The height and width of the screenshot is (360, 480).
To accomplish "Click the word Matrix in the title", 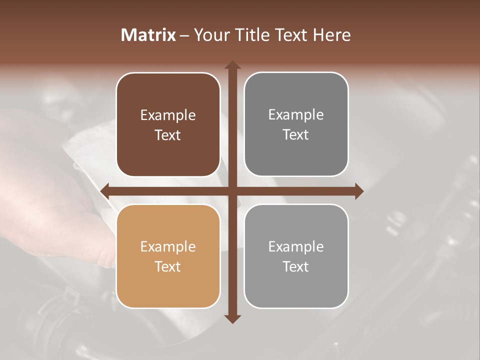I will [148, 35].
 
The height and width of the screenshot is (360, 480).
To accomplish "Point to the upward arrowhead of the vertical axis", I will [232, 65].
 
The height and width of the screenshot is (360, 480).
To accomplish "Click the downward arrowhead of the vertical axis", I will [232, 318].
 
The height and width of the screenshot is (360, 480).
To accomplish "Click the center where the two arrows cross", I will [232, 191].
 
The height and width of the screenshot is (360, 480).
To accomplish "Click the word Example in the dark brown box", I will [168, 115].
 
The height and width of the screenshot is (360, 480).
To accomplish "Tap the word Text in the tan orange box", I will [168, 266].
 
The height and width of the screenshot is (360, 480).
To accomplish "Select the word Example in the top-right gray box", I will [296, 115].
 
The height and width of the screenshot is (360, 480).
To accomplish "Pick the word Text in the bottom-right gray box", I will [296, 266].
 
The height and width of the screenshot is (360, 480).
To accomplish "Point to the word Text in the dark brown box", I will [168, 135].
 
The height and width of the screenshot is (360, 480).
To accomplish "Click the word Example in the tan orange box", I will [168, 246].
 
